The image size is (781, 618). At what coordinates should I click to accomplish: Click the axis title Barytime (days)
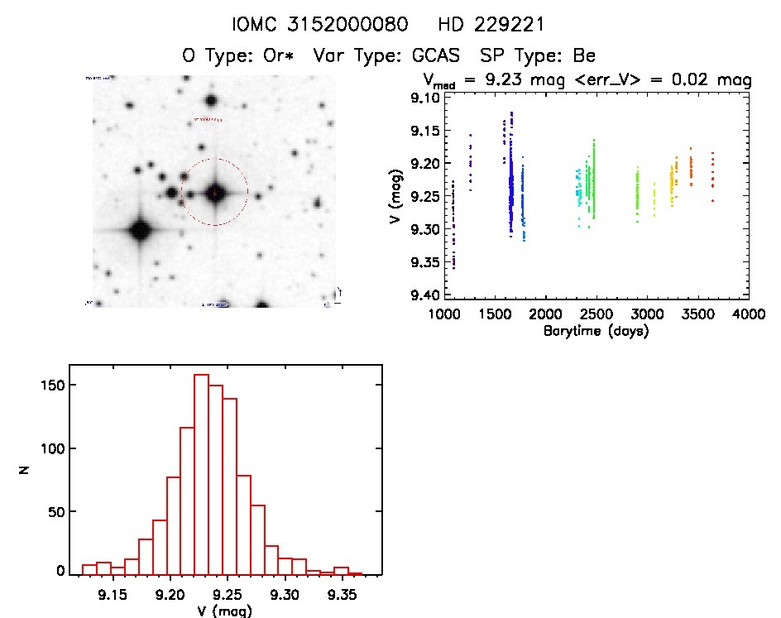coord(596,331)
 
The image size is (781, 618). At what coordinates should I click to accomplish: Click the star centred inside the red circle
coord(214,193)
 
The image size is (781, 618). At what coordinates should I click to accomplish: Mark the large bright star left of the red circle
coord(138,230)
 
